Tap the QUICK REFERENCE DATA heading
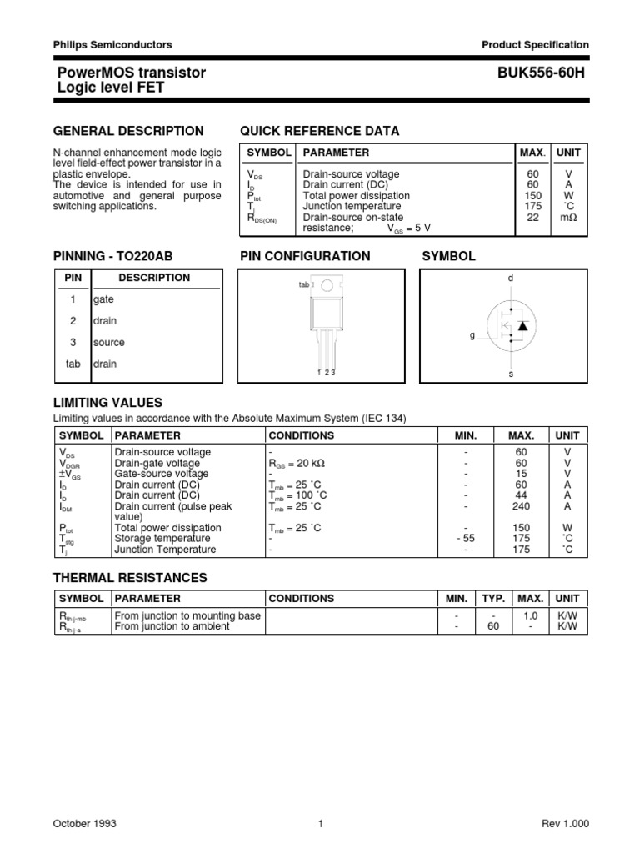click(319, 131)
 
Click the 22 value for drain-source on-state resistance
click(532, 217)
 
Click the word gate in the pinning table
click(104, 299)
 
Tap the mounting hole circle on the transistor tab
click(328, 285)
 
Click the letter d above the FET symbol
click(512, 276)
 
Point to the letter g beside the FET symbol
click(472, 335)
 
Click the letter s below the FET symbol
click(512, 375)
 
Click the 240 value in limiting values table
click(522, 506)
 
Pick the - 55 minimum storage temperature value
click(466, 539)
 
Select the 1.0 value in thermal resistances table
click(530, 615)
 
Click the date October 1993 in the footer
click(85, 824)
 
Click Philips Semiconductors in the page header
click(112, 45)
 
